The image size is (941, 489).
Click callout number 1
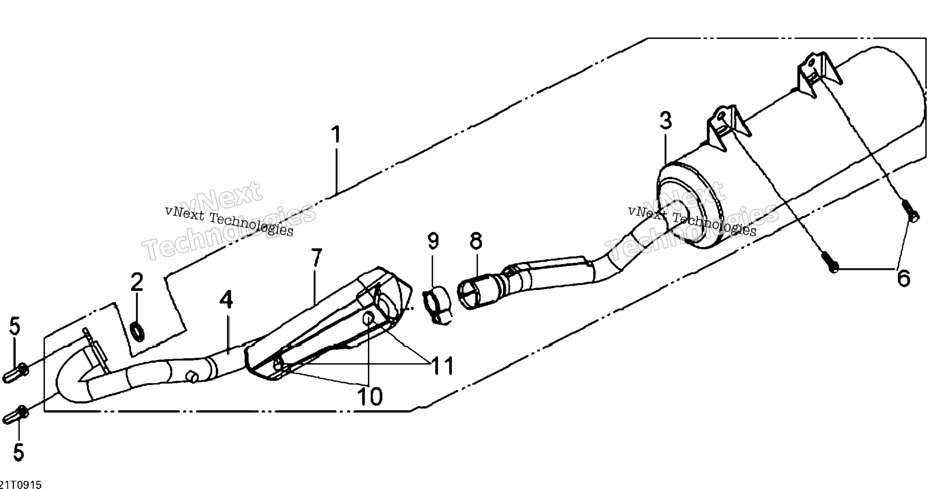(x=336, y=134)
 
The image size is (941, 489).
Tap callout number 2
(x=137, y=282)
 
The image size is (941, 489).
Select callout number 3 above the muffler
(x=666, y=121)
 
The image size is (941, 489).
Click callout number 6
(x=904, y=279)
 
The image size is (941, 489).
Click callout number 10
(x=370, y=396)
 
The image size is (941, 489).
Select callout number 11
(x=441, y=366)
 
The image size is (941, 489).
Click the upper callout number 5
(x=15, y=326)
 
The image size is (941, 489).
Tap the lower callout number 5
(x=18, y=452)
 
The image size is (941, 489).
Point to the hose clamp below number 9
(x=436, y=305)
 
